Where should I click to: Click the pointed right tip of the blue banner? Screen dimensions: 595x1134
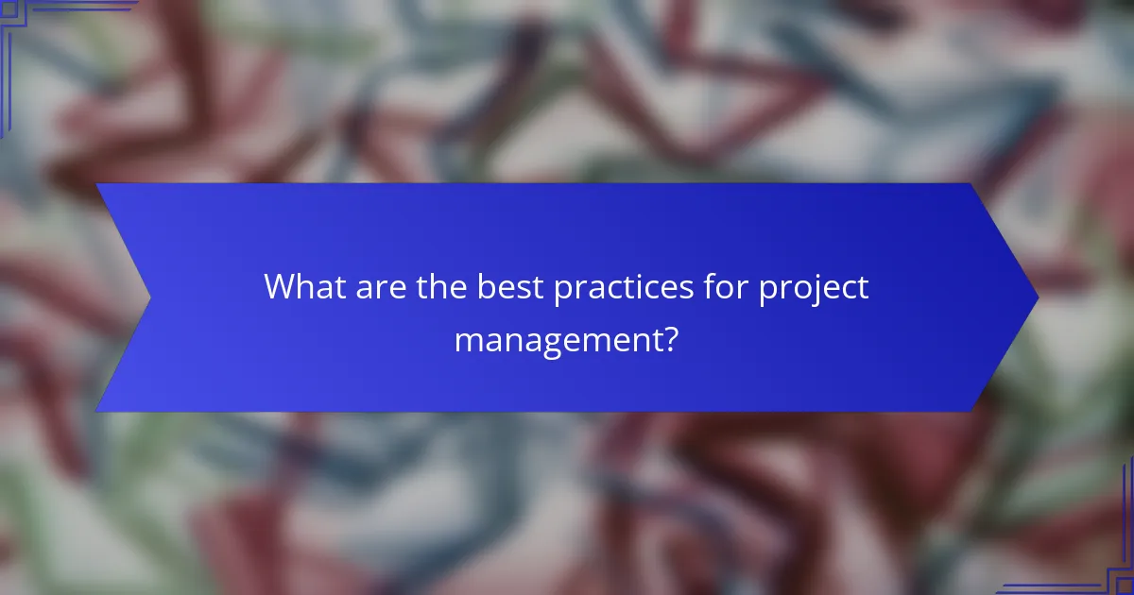point(1037,297)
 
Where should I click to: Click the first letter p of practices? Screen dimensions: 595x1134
point(563,291)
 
